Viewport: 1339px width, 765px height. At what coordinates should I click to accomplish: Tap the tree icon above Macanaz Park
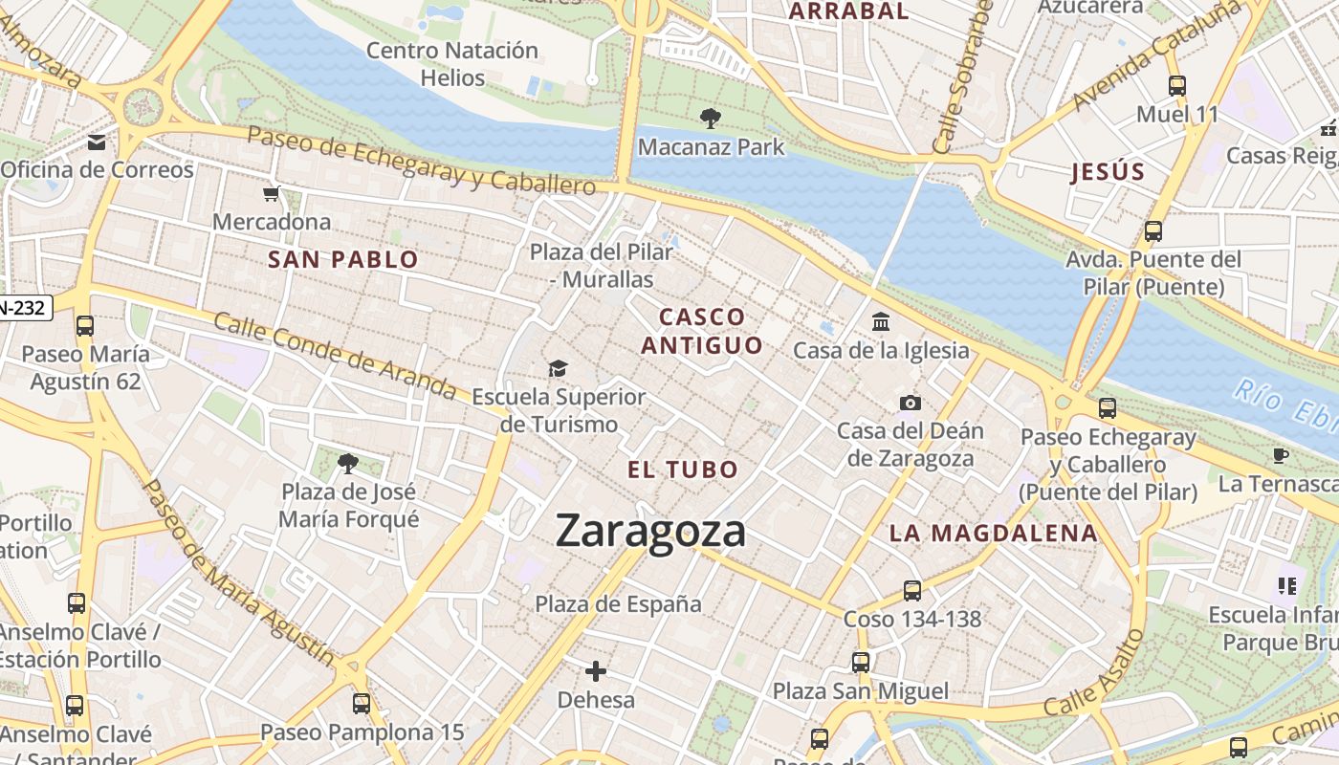(710, 119)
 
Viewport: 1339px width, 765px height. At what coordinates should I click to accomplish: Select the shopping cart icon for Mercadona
(272, 195)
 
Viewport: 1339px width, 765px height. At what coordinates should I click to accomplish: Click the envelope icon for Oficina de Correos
(97, 142)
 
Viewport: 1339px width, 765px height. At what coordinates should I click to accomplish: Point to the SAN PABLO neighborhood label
(342, 259)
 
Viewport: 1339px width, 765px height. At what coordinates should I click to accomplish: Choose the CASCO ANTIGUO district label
(702, 331)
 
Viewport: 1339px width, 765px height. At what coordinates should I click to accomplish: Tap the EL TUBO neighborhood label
(683, 470)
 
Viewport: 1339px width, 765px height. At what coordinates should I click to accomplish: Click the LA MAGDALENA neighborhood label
(993, 534)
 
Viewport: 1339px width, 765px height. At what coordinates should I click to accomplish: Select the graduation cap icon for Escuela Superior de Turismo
(558, 368)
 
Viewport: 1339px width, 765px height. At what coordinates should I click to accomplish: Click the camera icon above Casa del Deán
(910, 403)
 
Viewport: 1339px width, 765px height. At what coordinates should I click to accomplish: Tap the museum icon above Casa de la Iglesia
(881, 322)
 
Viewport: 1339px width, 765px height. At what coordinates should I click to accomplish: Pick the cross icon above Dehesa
(596, 671)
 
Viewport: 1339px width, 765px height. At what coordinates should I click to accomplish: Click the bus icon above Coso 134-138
(912, 591)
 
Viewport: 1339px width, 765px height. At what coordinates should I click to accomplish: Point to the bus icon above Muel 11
(1177, 86)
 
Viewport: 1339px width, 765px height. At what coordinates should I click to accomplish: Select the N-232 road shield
(25, 308)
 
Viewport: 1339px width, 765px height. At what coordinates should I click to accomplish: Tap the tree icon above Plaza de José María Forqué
(348, 464)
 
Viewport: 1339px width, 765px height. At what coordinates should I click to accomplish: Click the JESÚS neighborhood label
(1108, 172)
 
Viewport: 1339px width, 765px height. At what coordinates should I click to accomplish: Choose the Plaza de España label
(618, 604)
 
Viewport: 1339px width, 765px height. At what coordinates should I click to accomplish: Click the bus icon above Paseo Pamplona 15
(362, 704)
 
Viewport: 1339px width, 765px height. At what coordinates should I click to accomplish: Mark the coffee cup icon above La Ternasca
(1281, 455)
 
